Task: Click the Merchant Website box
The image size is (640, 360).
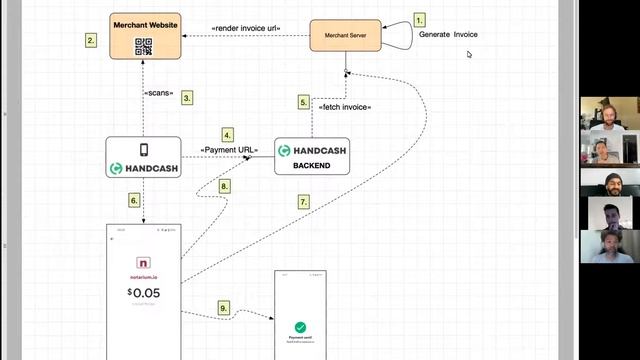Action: coord(144,33)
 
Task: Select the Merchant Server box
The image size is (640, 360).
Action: coord(345,37)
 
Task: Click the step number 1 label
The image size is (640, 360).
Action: coord(419,19)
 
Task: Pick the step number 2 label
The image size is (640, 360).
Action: coord(91,40)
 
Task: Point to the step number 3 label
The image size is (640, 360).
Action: coord(186,98)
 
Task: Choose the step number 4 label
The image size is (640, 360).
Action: coord(228,134)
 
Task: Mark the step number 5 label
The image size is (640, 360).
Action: coord(303,101)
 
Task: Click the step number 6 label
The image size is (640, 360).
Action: coord(134,200)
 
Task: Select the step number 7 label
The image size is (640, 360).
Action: coord(304,201)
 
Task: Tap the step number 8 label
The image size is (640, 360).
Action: coord(224,186)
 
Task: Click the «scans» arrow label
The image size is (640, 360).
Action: coord(159,94)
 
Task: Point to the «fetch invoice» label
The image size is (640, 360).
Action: coord(345,106)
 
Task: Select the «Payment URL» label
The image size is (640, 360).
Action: coord(229,150)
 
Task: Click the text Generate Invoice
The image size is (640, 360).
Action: coord(448,34)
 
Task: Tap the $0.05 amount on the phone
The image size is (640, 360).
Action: coord(144,293)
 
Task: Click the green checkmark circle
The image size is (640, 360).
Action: coord(300,327)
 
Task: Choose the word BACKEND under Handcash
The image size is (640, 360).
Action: coord(312,166)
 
